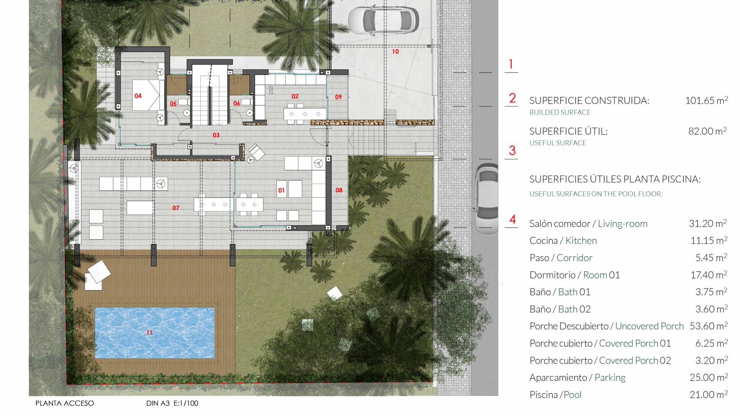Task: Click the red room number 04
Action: click(138, 96)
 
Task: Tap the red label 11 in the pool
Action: click(150, 332)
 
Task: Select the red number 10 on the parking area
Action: click(395, 52)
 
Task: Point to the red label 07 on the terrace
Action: click(176, 208)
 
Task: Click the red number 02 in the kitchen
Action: click(295, 96)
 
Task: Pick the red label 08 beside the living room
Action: click(339, 190)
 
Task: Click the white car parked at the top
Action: click(383, 19)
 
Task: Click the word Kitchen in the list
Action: click(581, 241)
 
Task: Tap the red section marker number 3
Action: click(512, 150)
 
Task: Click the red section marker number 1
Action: click(511, 64)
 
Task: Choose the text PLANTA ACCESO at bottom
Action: click(65, 403)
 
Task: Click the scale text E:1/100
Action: click(186, 403)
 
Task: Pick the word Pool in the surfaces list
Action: click(572, 395)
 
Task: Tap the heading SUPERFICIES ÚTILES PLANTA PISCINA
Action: click(615, 179)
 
